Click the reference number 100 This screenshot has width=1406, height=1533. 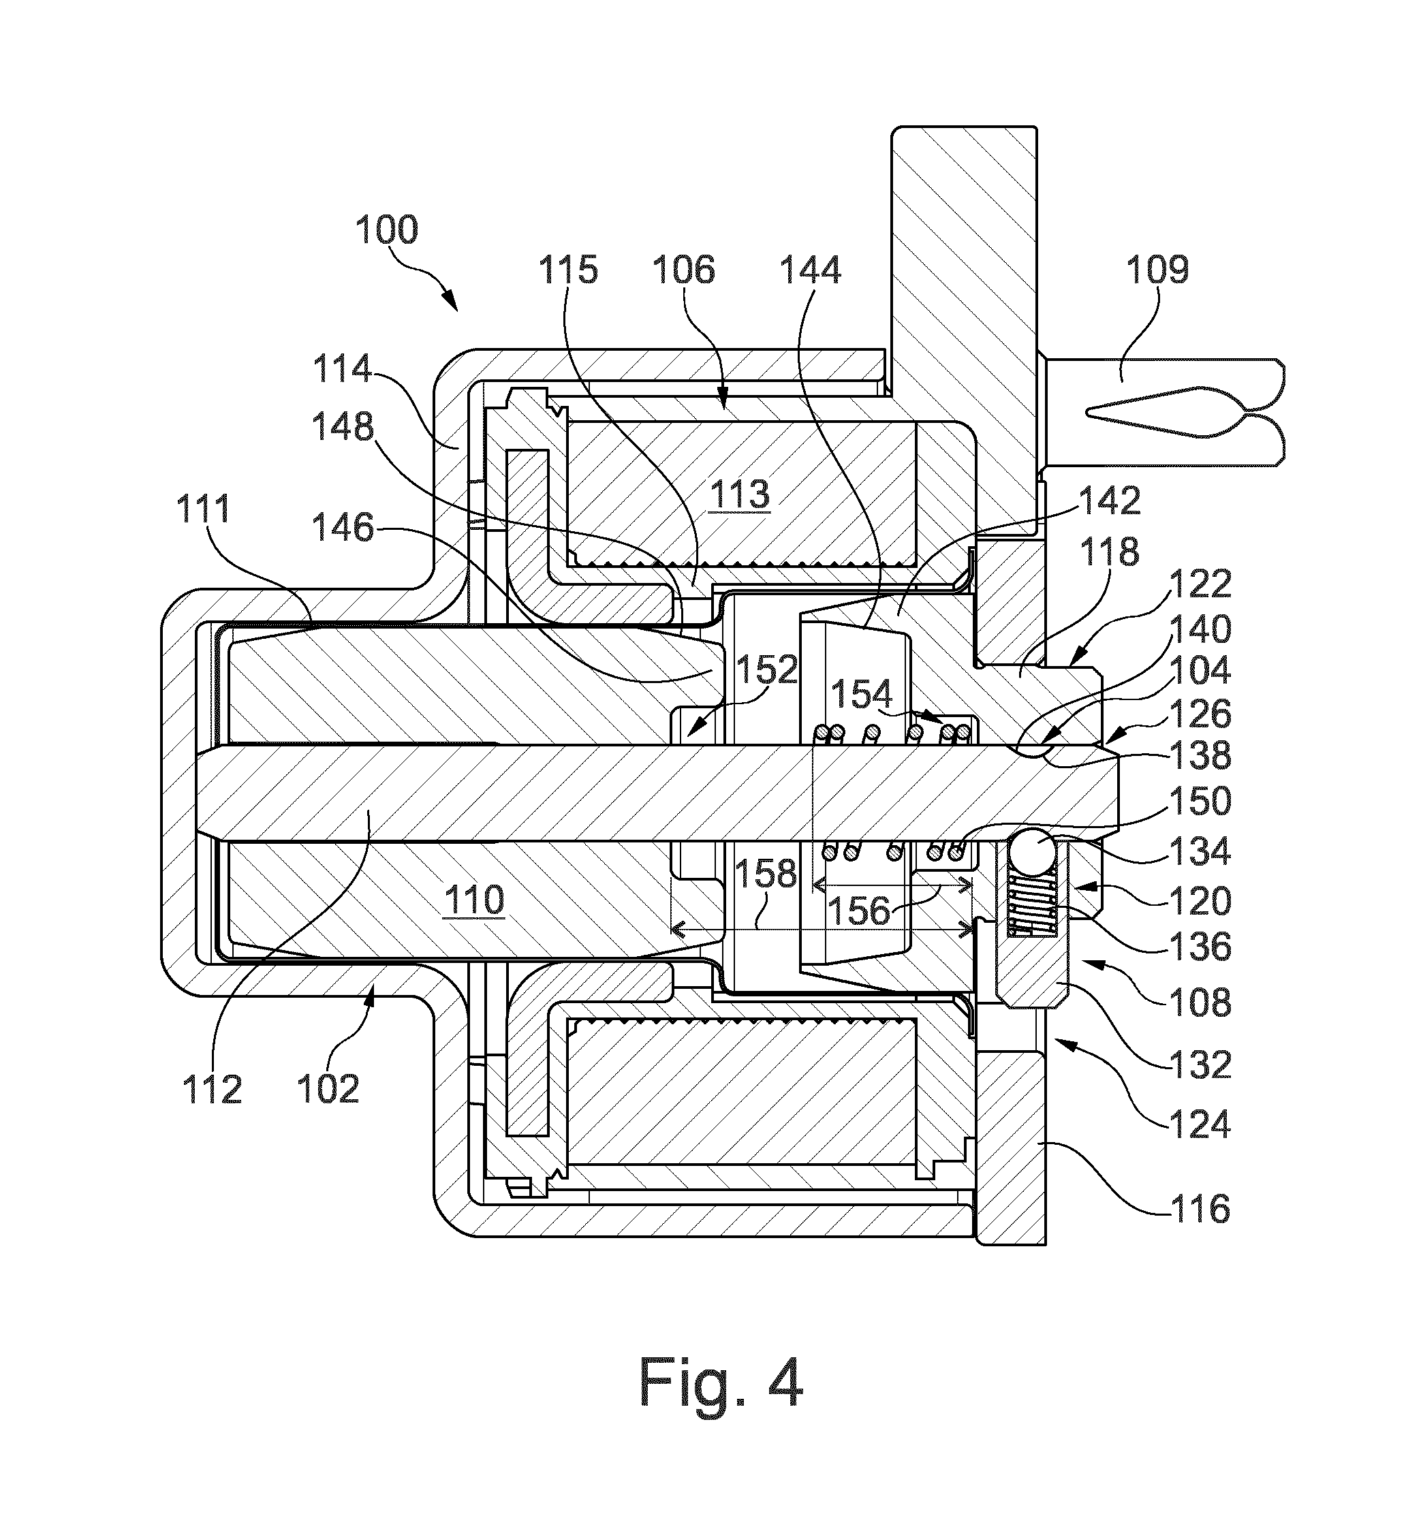(386, 230)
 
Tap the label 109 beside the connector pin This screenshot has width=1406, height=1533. (1157, 270)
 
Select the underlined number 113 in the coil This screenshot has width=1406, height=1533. (740, 494)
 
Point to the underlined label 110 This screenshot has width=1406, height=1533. (474, 900)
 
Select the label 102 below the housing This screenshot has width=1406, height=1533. (328, 1090)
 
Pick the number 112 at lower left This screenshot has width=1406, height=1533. (213, 1090)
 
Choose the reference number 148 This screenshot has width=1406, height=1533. (343, 428)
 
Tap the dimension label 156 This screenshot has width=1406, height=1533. (858, 910)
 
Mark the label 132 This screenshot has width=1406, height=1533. (1200, 1064)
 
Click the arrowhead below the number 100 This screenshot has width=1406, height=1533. (450, 301)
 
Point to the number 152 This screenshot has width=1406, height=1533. (766, 670)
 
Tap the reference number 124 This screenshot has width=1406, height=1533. (1199, 1124)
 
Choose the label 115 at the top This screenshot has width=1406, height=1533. (568, 270)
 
